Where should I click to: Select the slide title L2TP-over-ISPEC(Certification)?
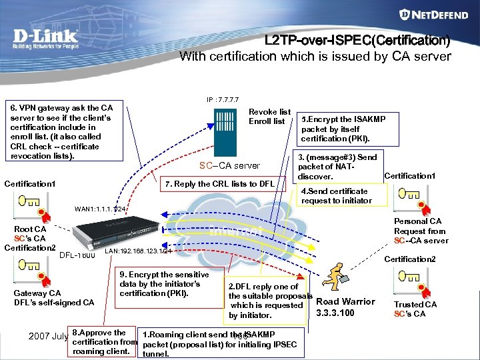tap(357, 41)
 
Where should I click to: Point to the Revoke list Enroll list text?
tap(269, 117)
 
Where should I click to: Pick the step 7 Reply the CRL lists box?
tap(220, 183)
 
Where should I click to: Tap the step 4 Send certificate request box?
tap(336, 196)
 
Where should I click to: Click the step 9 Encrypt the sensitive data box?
tap(164, 284)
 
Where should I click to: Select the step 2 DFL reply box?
tap(267, 301)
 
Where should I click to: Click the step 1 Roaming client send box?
tap(220, 343)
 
